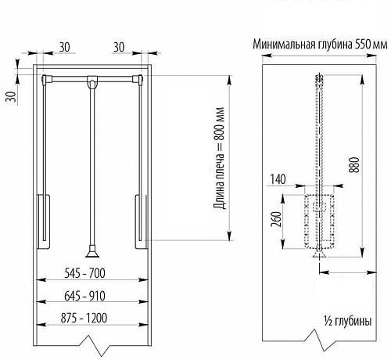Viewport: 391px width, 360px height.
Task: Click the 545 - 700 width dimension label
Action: (x=84, y=273)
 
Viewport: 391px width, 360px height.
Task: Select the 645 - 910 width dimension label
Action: (x=84, y=296)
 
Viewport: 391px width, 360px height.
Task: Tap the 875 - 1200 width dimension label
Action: (x=84, y=318)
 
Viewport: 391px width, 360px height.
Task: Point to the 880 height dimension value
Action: (x=354, y=165)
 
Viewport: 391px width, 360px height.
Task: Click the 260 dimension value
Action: (x=277, y=219)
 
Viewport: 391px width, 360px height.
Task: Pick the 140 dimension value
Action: (x=278, y=179)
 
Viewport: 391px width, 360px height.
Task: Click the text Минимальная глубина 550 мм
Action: (x=320, y=45)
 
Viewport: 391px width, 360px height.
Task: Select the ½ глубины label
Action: (x=348, y=321)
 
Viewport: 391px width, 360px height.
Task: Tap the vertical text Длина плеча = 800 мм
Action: (x=219, y=158)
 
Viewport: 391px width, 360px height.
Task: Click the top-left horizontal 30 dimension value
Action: (x=65, y=47)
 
